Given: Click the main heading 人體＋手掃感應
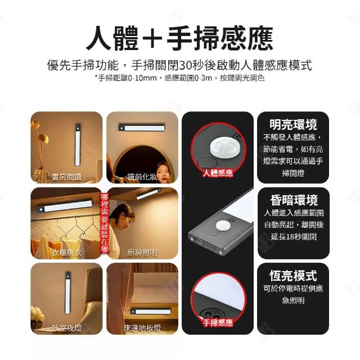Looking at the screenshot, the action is [x=179, y=38].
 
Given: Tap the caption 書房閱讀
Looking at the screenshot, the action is [x=66, y=177].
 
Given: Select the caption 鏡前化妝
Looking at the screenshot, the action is [x=142, y=177].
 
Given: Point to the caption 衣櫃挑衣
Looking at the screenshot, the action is [x=66, y=253].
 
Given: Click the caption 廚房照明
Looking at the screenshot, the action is [x=142, y=253].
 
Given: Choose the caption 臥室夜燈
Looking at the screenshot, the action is [x=66, y=328].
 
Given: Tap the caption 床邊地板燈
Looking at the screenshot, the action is [x=142, y=328].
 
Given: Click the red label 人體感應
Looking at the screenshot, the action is [x=218, y=173].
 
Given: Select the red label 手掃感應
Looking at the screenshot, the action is [x=218, y=322].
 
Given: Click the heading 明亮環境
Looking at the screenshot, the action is [x=293, y=125].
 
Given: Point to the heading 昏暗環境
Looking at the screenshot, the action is [x=294, y=200].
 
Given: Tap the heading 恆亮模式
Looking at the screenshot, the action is [x=293, y=276].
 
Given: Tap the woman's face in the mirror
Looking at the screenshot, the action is [x=163, y=172].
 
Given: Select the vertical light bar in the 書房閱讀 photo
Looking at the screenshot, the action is [x=78, y=145].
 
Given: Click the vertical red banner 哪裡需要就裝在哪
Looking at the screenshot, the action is [x=105, y=223].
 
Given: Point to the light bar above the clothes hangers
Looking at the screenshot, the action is [x=64, y=205].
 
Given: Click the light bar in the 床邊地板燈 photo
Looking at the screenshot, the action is [x=151, y=312].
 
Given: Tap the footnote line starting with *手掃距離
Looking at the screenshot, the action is [x=179, y=78].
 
